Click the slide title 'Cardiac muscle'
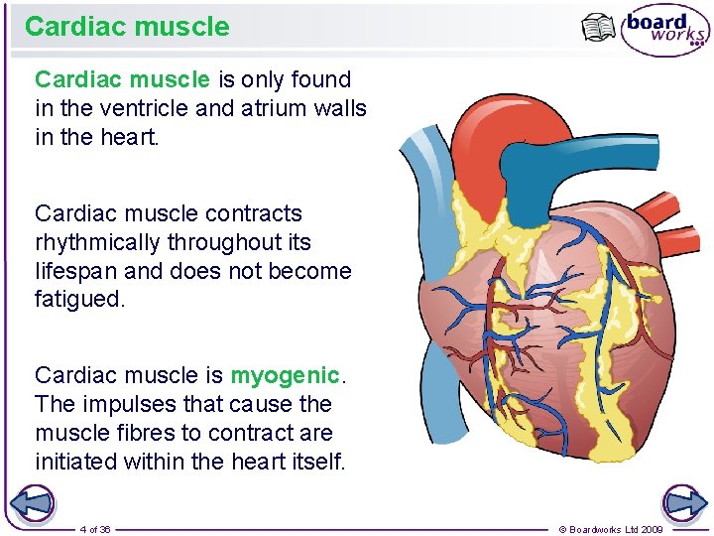[x=127, y=27]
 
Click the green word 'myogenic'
[x=285, y=375]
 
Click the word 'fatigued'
[x=78, y=300]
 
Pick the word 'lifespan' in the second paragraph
[x=73, y=271]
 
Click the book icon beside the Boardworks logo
[x=599, y=28]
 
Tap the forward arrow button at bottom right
[x=685, y=503]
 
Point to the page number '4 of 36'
[x=95, y=529]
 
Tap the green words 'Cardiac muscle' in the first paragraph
[x=122, y=79]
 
